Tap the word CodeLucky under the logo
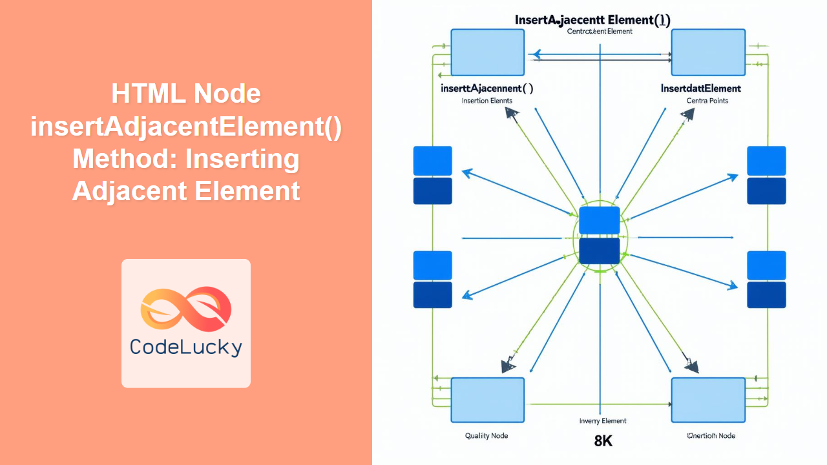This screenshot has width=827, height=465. pyautogui.click(x=186, y=347)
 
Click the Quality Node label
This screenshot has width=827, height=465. pyautogui.click(x=487, y=435)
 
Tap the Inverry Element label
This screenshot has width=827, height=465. pyautogui.click(x=603, y=421)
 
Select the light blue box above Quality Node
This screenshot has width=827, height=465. pyautogui.click(x=487, y=400)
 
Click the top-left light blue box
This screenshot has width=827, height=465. pyautogui.click(x=487, y=52)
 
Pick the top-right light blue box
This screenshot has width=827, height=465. pyautogui.click(x=708, y=52)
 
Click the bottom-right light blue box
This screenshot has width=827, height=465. pyautogui.click(x=708, y=400)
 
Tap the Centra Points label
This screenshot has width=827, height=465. pyautogui.click(x=707, y=101)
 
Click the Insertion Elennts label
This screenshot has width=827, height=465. pyautogui.click(x=487, y=101)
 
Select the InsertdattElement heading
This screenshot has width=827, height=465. pyautogui.click(x=701, y=88)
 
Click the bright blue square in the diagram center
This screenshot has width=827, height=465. pyautogui.click(x=599, y=220)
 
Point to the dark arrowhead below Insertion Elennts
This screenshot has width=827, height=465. pyautogui.click(x=513, y=114)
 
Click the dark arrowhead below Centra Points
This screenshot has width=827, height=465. pyautogui.click(x=687, y=115)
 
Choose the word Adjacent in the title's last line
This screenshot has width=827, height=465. pyautogui.click(x=129, y=191)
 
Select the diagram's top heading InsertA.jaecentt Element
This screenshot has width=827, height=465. pyautogui.click(x=592, y=19)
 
